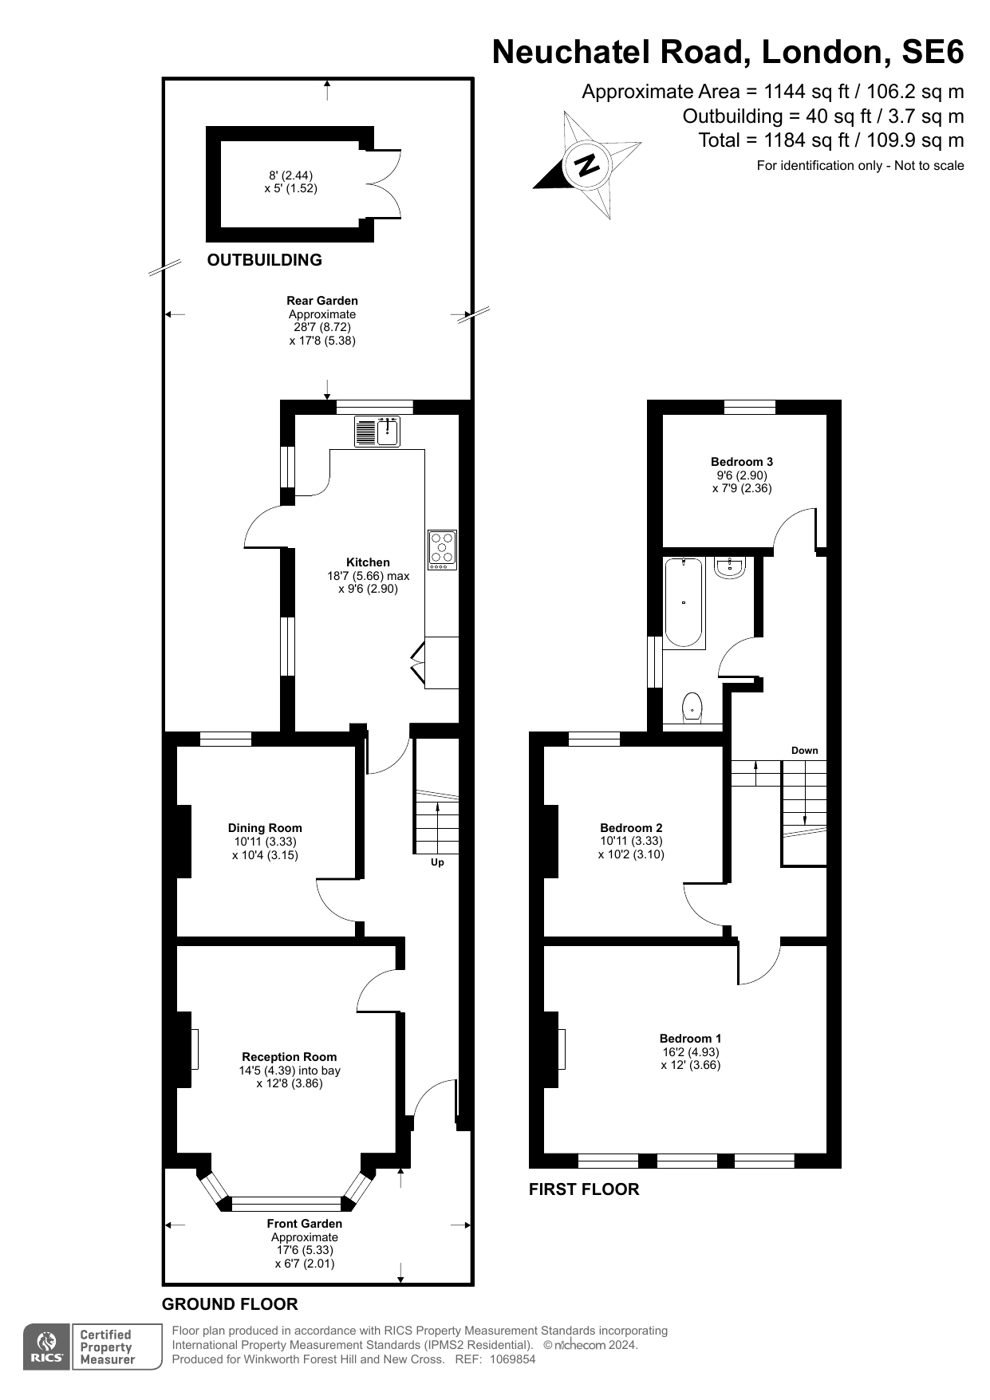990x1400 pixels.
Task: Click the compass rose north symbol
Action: [x=587, y=165]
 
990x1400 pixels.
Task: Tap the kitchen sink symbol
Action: [x=377, y=432]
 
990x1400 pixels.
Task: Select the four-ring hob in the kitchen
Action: [x=442, y=549]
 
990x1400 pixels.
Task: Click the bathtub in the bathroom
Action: [x=684, y=602]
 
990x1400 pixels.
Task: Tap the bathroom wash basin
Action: [x=730, y=567]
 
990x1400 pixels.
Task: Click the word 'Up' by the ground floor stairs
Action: [x=437, y=862]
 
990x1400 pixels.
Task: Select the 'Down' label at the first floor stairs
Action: [x=804, y=750]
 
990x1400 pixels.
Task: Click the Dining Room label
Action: [x=265, y=828]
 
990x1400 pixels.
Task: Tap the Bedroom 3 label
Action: [x=742, y=462]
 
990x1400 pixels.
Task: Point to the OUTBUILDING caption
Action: [x=264, y=260]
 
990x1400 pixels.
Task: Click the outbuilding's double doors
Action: [x=385, y=183]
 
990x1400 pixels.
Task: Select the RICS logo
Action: [x=46, y=1347]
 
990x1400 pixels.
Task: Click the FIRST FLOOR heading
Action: [x=584, y=1189]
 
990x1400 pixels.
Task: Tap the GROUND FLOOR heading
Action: [x=230, y=1304]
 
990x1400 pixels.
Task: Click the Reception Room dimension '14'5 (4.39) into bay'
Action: [x=290, y=1071]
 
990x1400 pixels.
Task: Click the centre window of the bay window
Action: [x=286, y=1204]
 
